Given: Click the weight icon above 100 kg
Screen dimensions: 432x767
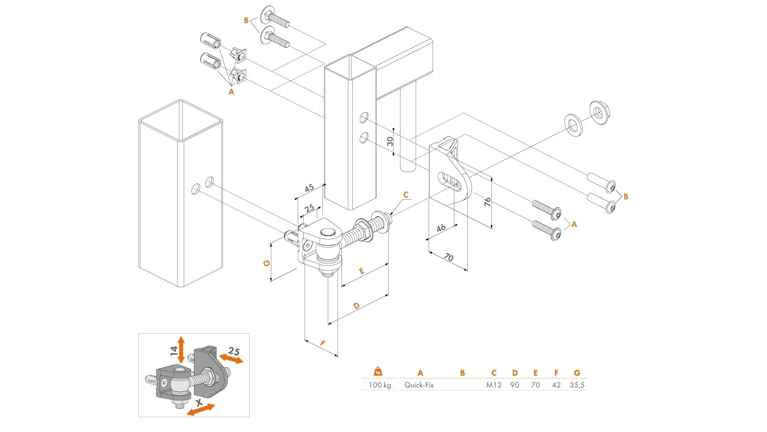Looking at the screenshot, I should pos(378,372).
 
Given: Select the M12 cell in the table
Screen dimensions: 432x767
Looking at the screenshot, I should pos(494,385).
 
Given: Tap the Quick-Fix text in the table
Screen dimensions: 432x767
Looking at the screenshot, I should pos(419,385).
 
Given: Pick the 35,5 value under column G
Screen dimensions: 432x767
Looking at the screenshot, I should pos(577,385).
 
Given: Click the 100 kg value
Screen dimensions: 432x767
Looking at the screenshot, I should pos(380,385).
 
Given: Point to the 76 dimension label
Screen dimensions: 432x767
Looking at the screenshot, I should pos(487,202).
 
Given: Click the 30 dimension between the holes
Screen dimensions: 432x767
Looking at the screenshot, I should pos(390,141).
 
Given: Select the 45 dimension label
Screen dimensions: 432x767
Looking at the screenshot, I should pos(309,188).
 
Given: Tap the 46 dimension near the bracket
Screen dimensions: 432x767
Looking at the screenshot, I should pos(441,228).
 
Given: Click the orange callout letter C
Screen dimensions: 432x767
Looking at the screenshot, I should pos(406,195).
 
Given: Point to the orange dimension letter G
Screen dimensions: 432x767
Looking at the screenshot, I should pos(267,263).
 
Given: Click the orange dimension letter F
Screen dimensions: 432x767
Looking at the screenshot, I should pos(323,343).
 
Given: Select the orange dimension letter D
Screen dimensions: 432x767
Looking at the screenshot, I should pos(356,306).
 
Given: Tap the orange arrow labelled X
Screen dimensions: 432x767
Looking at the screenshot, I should pos(201,409).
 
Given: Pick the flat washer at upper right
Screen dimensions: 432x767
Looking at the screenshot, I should pos(574,124).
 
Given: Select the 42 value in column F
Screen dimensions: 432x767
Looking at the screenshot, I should pos(556,385).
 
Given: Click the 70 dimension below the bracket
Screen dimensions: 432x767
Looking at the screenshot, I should pos(449,257).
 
